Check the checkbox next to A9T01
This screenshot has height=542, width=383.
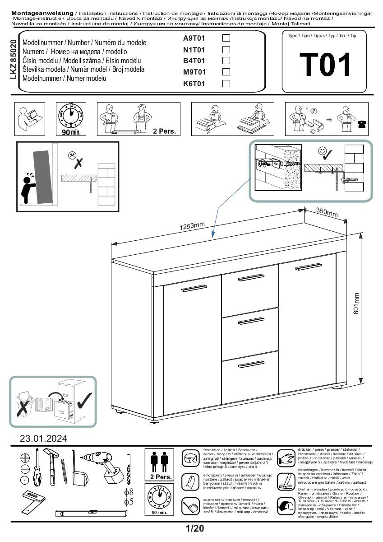226,38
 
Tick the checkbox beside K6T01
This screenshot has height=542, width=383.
226,83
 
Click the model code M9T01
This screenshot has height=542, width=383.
194,72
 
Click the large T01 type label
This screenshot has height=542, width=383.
325,65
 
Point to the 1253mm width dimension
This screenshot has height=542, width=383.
193,226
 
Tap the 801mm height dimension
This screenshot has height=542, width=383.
356,304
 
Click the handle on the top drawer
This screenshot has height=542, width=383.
251,277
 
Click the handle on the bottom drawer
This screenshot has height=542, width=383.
251,364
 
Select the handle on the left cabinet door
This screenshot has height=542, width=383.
193,289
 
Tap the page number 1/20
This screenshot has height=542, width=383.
194,528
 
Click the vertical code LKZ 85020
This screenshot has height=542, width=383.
13,60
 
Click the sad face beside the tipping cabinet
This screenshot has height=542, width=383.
72,155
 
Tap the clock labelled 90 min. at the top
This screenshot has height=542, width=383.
70,116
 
